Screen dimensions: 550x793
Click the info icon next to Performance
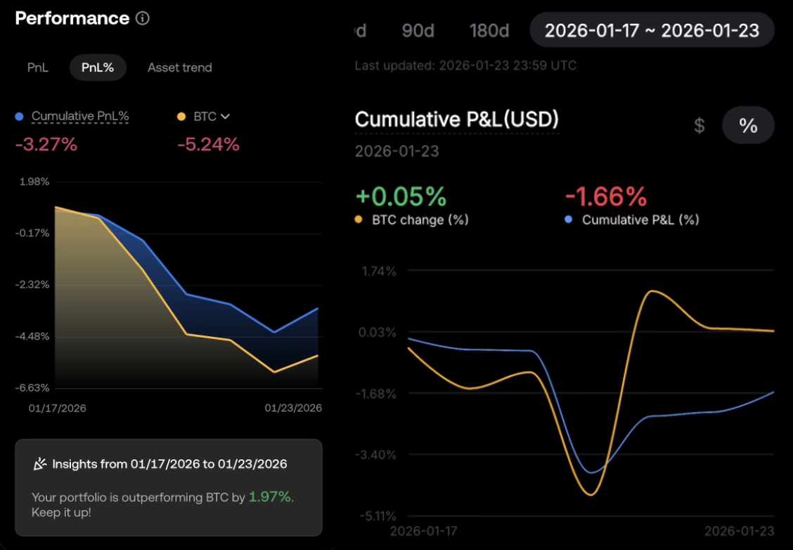143,18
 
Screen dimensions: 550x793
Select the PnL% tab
98,68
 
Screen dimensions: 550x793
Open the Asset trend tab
179,68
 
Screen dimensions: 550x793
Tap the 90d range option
418,30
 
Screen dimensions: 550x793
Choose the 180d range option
489,30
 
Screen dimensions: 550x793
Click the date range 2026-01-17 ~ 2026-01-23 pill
652,30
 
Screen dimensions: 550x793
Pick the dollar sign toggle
699,126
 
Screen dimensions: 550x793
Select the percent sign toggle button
748,126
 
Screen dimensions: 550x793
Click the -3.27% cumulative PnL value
46,145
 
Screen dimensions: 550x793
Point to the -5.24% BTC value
208,145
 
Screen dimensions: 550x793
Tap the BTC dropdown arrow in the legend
225,116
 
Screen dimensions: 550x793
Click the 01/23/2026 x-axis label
293,408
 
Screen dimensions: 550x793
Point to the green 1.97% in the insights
270,497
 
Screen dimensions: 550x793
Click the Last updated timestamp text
465,65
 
